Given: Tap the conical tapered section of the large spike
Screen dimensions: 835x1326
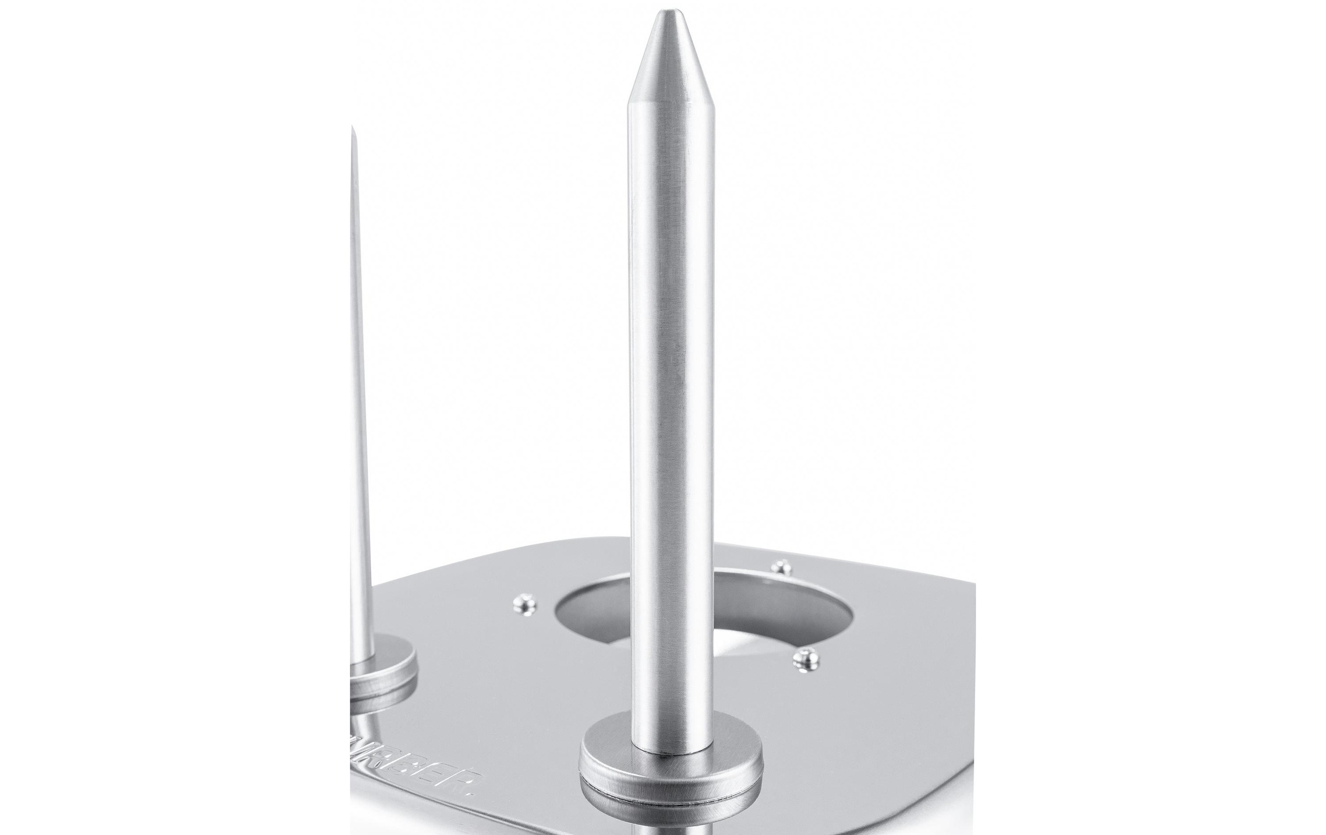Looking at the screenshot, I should tap(670, 61).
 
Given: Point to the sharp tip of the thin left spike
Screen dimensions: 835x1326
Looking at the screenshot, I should tap(352, 130).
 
